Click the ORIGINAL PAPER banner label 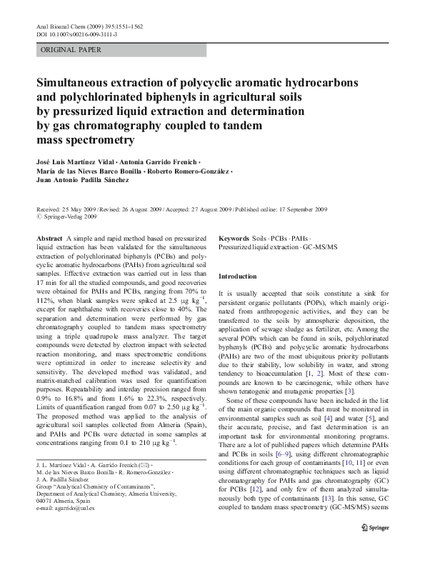pos(71,50)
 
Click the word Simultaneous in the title pos(81,82)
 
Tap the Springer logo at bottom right pos(379,546)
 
